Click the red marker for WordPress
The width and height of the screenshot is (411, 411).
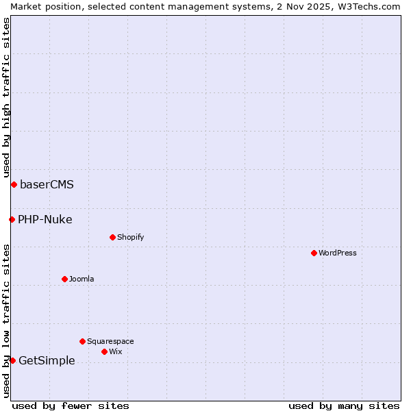[x=314, y=253]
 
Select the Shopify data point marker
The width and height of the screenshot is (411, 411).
[x=112, y=237]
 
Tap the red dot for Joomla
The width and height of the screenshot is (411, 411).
[x=64, y=279]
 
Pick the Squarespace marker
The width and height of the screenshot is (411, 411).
[x=82, y=341]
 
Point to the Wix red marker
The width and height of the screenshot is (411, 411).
[x=104, y=351]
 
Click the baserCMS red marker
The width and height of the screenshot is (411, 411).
[x=14, y=184]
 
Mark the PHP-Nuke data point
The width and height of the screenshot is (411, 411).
[x=12, y=219]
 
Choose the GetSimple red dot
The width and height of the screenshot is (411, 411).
[x=12, y=360]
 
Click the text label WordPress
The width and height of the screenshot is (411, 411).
[x=338, y=253]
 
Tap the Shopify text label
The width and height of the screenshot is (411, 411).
[x=130, y=237]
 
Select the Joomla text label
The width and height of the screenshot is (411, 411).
[x=82, y=279]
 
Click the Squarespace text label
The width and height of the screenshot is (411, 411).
[x=110, y=341]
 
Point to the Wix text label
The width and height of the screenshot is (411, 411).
[x=116, y=351]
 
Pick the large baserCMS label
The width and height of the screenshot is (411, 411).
[x=47, y=184]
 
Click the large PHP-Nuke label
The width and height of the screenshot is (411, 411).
[x=45, y=219]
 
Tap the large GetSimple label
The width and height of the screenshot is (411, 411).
[x=47, y=360]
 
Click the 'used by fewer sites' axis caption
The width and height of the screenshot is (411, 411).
[x=71, y=406]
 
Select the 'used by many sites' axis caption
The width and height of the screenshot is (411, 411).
[x=344, y=406]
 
